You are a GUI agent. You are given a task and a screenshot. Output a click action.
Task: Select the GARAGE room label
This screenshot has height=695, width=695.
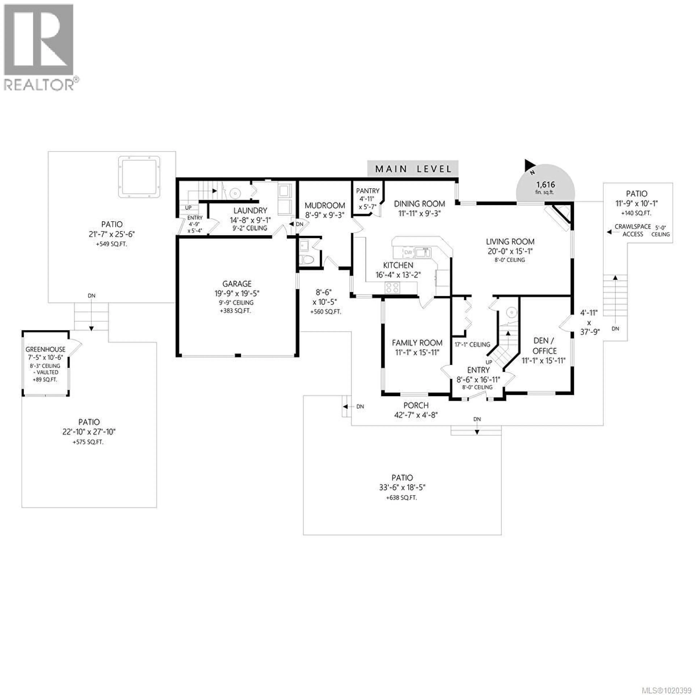point(237,284)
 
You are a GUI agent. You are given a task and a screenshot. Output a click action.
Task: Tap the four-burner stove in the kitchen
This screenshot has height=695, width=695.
point(392,287)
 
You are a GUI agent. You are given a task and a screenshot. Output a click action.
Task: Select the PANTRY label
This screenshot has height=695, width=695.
point(368,191)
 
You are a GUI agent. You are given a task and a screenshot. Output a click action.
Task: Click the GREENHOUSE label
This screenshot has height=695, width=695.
point(45,349)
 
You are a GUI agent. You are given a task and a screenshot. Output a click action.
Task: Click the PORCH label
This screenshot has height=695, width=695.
point(416,405)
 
